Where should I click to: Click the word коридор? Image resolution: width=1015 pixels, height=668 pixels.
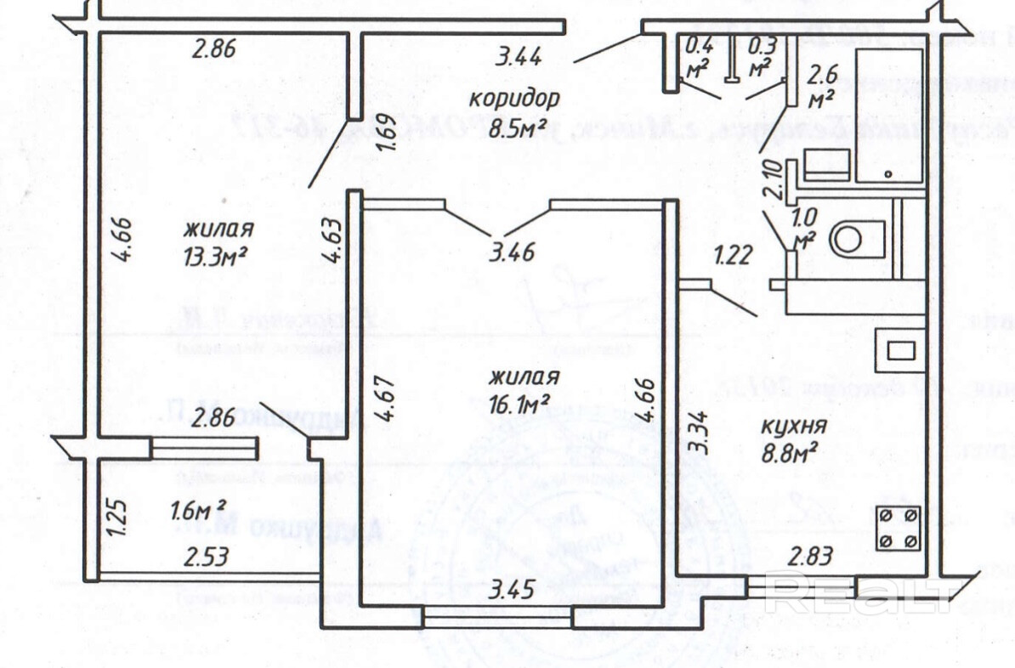pyautogui.click(x=515, y=98)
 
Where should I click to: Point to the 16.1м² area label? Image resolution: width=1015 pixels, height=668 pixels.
pyautogui.click(x=518, y=402)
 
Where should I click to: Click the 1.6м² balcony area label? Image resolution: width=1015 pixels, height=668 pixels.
pyautogui.click(x=197, y=512)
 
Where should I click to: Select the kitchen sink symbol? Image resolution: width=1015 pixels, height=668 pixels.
pyautogui.click(x=899, y=349)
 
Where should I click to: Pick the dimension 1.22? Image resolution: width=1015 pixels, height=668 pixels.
pyautogui.click(x=732, y=255)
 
